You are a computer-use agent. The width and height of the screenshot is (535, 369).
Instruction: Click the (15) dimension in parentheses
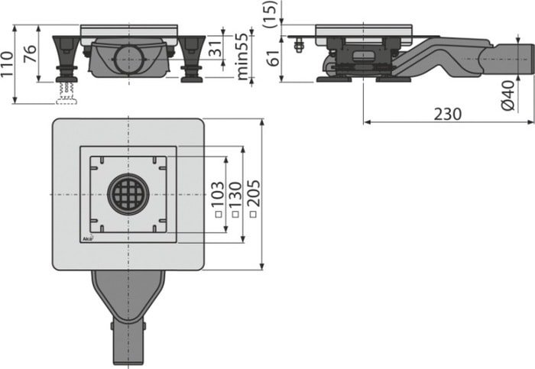tap(270, 15)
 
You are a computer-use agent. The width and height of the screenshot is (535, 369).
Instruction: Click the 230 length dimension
tap(448, 113)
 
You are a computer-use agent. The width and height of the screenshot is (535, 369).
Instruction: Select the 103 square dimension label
tap(218, 200)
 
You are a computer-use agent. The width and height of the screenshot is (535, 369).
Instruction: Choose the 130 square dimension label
tap(235, 200)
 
